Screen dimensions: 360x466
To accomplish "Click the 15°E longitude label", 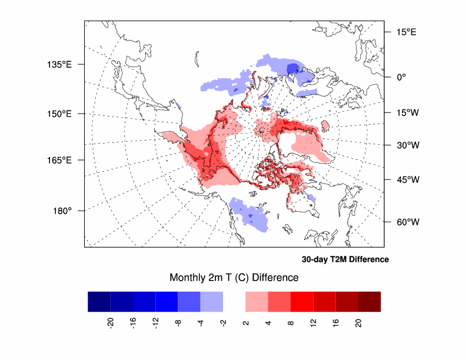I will tap(405, 32).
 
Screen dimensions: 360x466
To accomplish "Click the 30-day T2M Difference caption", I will tap(345, 259).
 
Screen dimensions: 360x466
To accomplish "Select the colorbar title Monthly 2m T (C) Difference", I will tap(234, 277).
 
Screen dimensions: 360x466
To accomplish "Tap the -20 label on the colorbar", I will tap(111, 322).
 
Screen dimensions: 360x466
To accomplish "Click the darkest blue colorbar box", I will tap(99, 301).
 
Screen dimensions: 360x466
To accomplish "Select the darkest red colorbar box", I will tap(370, 301).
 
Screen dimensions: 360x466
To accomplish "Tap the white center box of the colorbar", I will tap(234, 301).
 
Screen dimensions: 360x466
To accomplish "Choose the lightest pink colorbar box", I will tap(257, 301).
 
